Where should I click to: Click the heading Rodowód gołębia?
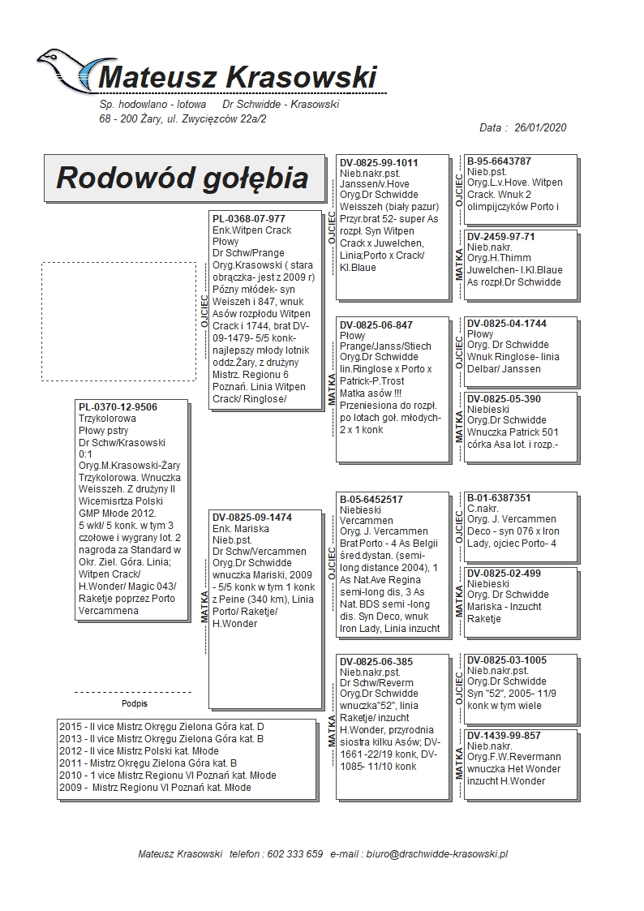(182, 178)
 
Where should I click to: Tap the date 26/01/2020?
(539, 127)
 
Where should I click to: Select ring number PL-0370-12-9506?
(118, 407)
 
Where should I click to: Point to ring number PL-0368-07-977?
(249, 219)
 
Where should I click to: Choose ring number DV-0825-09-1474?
(252, 517)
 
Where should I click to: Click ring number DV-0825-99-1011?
(379, 163)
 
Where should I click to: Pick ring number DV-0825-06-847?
(376, 325)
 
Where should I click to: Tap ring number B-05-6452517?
(371, 500)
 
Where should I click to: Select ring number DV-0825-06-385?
(376, 662)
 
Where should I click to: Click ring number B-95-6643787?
(500, 161)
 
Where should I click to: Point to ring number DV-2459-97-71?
(501, 237)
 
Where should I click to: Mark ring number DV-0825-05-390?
(504, 399)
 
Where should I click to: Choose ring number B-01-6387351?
(500, 498)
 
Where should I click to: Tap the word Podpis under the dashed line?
(135, 703)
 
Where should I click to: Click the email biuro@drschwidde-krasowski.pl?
(436, 854)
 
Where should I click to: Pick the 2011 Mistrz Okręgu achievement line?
(148, 763)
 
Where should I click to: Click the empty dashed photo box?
(118, 321)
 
